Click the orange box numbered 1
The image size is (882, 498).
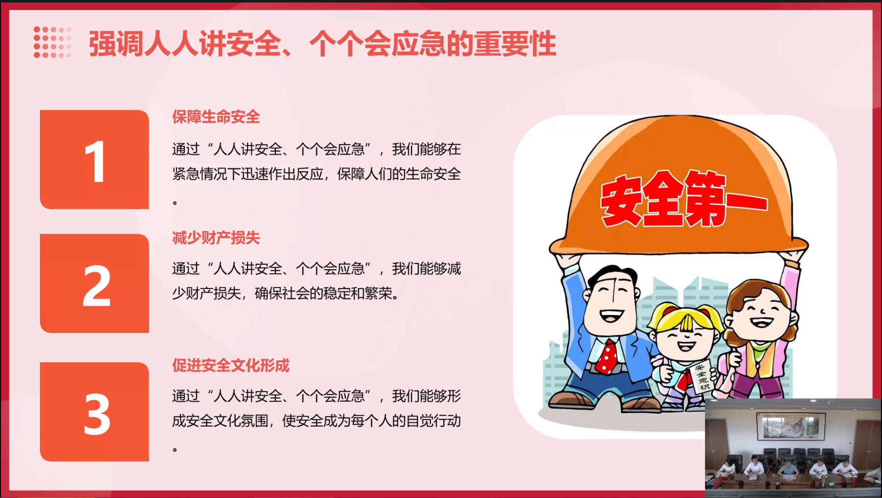click(x=94, y=159)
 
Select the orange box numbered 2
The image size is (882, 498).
click(x=94, y=284)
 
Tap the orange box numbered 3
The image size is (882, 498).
click(x=94, y=412)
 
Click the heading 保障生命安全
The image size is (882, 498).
click(x=215, y=117)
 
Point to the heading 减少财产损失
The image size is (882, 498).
click(x=215, y=238)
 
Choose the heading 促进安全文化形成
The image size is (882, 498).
click(x=230, y=365)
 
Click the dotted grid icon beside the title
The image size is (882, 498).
click(x=52, y=42)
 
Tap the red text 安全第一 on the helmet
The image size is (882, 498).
click(x=683, y=200)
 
